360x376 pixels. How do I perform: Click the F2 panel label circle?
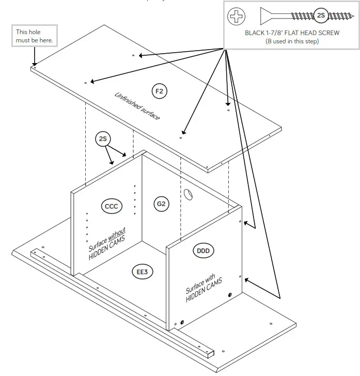[x=159, y=91]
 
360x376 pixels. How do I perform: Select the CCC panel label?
[x=111, y=207]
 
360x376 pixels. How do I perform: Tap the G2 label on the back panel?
[x=161, y=204]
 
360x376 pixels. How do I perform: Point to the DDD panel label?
[x=204, y=251]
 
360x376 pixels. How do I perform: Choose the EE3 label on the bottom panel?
[x=143, y=271]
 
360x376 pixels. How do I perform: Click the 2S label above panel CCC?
[x=103, y=138]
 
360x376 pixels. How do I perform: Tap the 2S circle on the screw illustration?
[x=321, y=16]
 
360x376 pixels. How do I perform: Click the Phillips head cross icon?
[x=237, y=17]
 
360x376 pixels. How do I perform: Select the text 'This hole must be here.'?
[x=34, y=36]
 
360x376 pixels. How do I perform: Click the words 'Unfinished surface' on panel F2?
[x=137, y=106]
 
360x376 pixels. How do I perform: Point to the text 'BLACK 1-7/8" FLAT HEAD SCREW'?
[x=292, y=33]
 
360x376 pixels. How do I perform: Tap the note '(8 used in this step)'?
[x=292, y=41]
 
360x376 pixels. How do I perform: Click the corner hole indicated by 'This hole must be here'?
[x=34, y=66]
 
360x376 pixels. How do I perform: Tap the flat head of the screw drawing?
[x=265, y=16]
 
